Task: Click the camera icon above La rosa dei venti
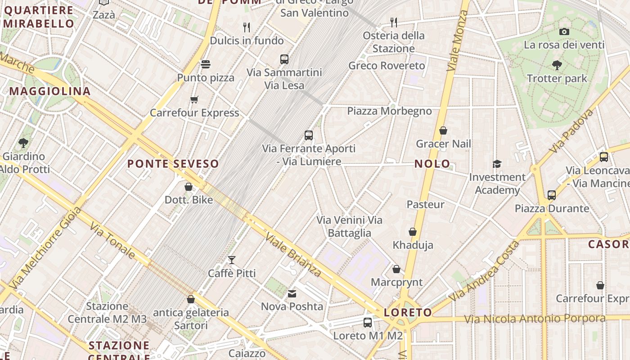coord(564,31)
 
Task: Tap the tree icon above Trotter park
coord(557,65)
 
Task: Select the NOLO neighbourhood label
coord(432,164)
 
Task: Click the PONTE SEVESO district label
coord(173,164)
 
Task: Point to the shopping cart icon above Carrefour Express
coord(194,99)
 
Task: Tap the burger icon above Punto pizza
coord(206,64)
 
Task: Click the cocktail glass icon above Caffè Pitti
coord(232,260)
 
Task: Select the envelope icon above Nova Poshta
coord(292,294)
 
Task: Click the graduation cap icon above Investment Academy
coord(497,164)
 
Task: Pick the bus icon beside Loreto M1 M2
coord(368,322)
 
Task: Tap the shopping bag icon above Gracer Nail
coord(443,130)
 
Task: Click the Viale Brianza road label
coord(292,254)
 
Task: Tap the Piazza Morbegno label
coord(389,111)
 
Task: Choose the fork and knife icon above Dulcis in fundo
coord(246,27)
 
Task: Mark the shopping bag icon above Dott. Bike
coord(189,186)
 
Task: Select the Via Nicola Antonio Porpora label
coord(535,319)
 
